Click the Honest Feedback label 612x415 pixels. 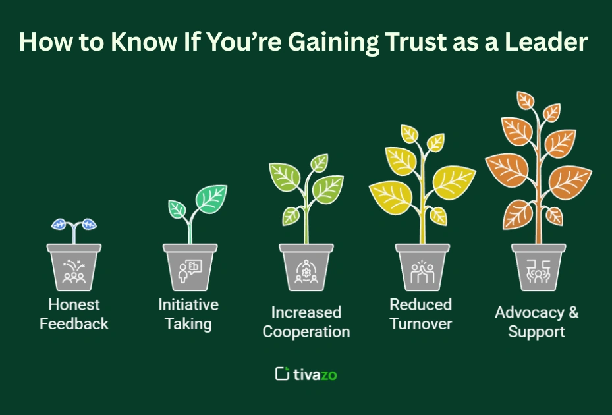click(x=74, y=314)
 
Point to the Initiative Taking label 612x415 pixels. click(x=188, y=314)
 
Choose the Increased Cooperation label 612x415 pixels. click(x=306, y=321)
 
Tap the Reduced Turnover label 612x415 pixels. click(x=421, y=314)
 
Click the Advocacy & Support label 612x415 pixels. click(x=537, y=321)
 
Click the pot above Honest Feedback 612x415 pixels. click(x=74, y=267)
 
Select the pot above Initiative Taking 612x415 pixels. click(x=190, y=267)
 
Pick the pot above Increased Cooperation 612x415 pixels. click(x=306, y=267)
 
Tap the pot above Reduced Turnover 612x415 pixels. click(x=422, y=267)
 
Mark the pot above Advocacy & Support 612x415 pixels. click(x=538, y=267)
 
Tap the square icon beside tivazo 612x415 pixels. click(x=282, y=373)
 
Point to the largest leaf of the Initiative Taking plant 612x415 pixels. click(x=211, y=199)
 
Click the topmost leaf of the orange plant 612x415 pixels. click(x=525, y=100)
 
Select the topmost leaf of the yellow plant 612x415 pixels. click(x=410, y=134)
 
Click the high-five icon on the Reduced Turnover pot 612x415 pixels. click(x=422, y=271)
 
